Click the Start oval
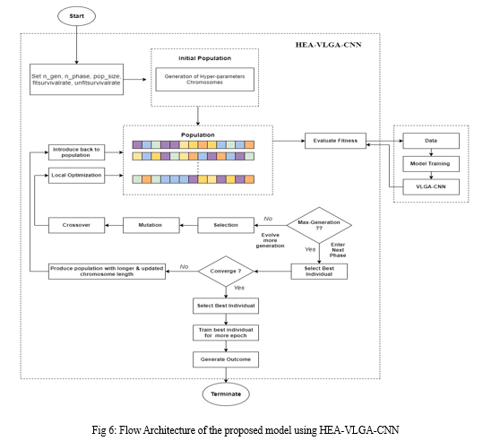(x=77, y=16)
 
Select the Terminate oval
(x=226, y=393)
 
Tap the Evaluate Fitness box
(x=335, y=141)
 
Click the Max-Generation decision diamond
(x=319, y=225)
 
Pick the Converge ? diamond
(x=226, y=272)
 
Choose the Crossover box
(x=76, y=225)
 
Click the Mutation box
(x=151, y=225)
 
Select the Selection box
(x=226, y=225)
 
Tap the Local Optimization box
(x=76, y=176)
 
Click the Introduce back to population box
(x=76, y=152)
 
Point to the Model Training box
(x=431, y=164)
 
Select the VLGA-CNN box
(x=431, y=186)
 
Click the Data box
(x=431, y=141)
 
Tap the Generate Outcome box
(x=226, y=359)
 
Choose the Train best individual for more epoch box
(x=226, y=333)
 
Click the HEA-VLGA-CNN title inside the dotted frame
(x=328, y=45)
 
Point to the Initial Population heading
(x=205, y=58)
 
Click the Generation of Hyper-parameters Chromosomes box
(x=205, y=79)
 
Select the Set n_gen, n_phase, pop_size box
(x=76, y=80)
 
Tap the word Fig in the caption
(x=99, y=429)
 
